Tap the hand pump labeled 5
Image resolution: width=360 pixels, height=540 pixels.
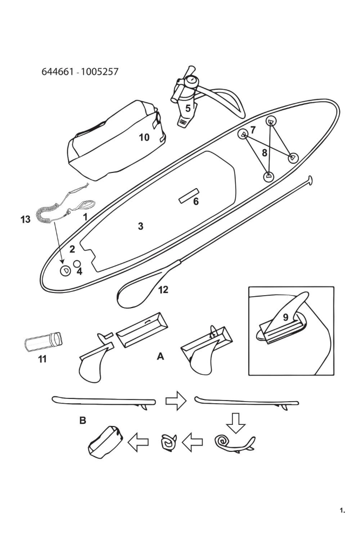pyautogui.click(x=185, y=103)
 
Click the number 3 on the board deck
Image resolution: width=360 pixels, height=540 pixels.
pyautogui.click(x=141, y=226)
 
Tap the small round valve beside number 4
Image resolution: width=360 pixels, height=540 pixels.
pyautogui.click(x=77, y=263)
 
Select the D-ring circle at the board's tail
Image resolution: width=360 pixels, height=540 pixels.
pyautogui.click(x=65, y=270)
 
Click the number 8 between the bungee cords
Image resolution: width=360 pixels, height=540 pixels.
pyautogui.click(x=264, y=153)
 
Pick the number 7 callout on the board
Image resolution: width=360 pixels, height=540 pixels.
pyautogui.click(x=252, y=130)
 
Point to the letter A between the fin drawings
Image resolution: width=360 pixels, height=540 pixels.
pyautogui.click(x=160, y=356)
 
